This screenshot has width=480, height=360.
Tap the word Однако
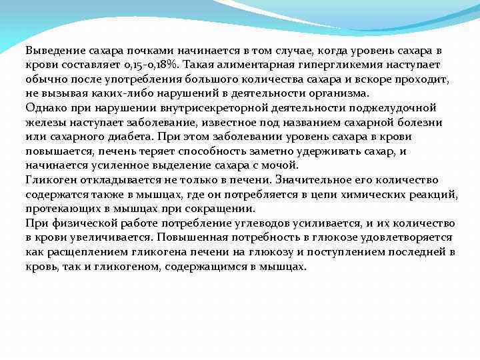click(44, 107)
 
